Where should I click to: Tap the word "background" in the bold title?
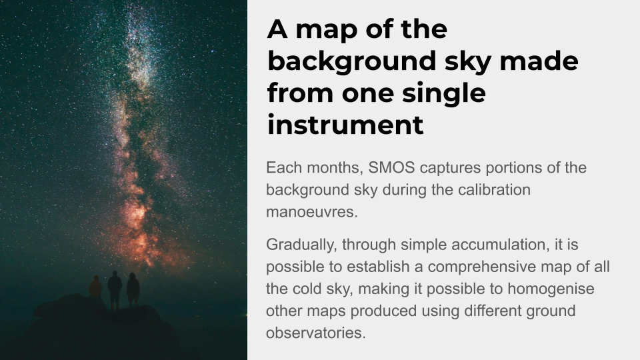click(x=352, y=61)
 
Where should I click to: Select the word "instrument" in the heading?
click(x=345, y=125)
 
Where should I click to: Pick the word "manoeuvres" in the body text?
click(x=312, y=212)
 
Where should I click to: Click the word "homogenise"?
click(x=551, y=289)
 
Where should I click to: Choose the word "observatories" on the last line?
click(x=316, y=333)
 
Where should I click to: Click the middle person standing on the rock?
click(x=115, y=290)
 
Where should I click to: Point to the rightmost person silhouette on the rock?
click(x=133, y=290)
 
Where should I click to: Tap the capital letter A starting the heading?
click(x=277, y=29)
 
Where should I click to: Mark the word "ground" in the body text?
click(x=551, y=311)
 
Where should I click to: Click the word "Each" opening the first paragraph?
click(x=284, y=167)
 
